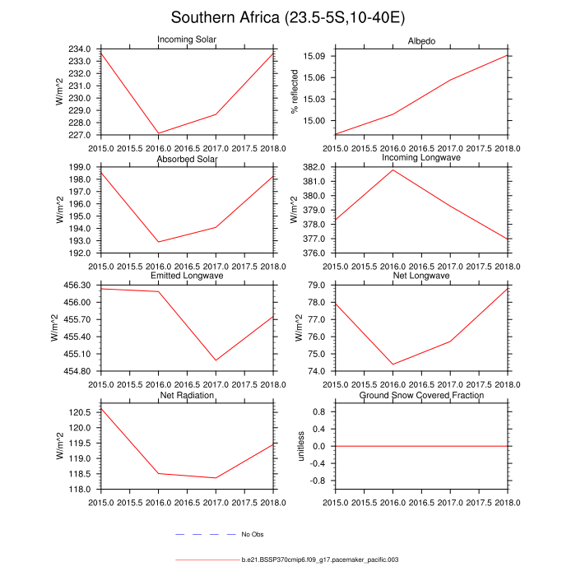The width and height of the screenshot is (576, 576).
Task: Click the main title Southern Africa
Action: [287, 17]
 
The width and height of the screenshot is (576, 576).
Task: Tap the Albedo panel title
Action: [421, 41]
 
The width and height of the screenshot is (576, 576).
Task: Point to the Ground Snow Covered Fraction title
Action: [421, 396]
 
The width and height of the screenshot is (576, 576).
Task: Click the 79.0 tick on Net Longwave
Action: [319, 285]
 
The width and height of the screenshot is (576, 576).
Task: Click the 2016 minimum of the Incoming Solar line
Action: [158, 132]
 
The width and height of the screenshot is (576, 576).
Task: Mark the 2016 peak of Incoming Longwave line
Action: [393, 170]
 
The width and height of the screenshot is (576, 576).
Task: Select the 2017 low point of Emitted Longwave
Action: [216, 360]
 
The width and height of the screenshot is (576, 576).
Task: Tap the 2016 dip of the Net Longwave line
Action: [393, 365]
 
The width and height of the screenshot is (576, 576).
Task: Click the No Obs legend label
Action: [252, 535]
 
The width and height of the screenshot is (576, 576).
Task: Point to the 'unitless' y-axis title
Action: [302, 445]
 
